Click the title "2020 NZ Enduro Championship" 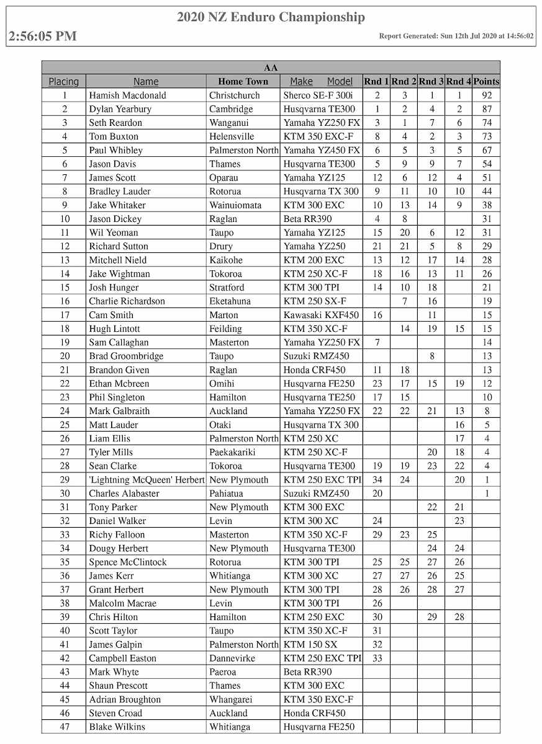pyautogui.click(x=271, y=17)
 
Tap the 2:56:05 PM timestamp pyautogui.click(x=43, y=36)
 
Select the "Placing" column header pyautogui.click(x=64, y=81)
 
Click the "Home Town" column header pyautogui.click(x=243, y=81)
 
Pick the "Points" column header pyautogui.click(x=486, y=81)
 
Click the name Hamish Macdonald pyautogui.click(x=127, y=95)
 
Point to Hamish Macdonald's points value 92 pyautogui.click(x=486, y=95)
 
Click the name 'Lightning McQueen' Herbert pyautogui.click(x=147, y=480)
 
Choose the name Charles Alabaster pyautogui.click(x=124, y=494)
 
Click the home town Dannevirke pyautogui.click(x=232, y=658)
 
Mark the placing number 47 pyautogui.click(x=64, y=727)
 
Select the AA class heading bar pyautogui.click(x=271, y=68)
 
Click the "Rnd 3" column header pyautogui.click(x=431, y=81)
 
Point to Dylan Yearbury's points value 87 pyautogui.click(x=486, y=109)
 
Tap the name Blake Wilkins pyautogui.click(x=117, y=727)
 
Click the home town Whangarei pyautogui.click(x=231, y=699)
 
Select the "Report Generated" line pyautogui.click(x=456, y=37)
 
